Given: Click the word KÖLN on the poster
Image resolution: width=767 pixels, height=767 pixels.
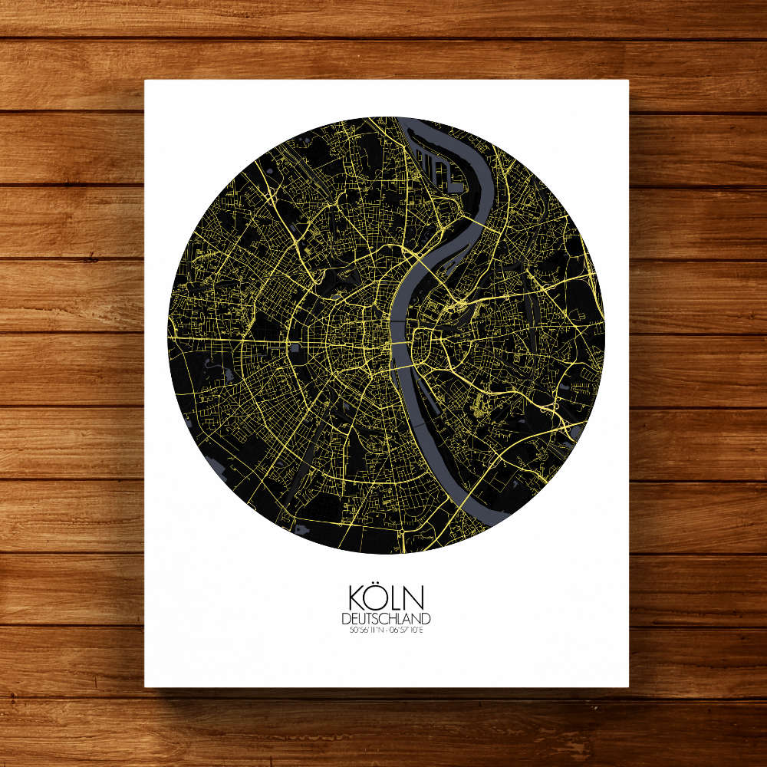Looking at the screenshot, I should [387, 598].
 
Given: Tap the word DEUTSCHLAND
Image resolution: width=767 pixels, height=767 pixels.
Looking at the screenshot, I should [387, 619].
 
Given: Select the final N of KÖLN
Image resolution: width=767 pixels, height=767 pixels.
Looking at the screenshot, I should [415, 599].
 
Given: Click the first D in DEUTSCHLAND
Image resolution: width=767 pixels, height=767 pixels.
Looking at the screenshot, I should [347, 619].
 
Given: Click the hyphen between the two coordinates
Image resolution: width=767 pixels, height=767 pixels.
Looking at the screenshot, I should [386, 631].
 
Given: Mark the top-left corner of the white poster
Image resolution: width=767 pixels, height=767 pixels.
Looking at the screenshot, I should [145, 81].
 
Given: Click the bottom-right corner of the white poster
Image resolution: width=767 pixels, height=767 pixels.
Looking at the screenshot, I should [628, 686].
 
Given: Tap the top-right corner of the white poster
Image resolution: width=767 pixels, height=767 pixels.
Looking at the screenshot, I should [628, 81].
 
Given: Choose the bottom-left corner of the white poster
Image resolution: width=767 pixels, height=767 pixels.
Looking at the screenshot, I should [145, 686].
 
